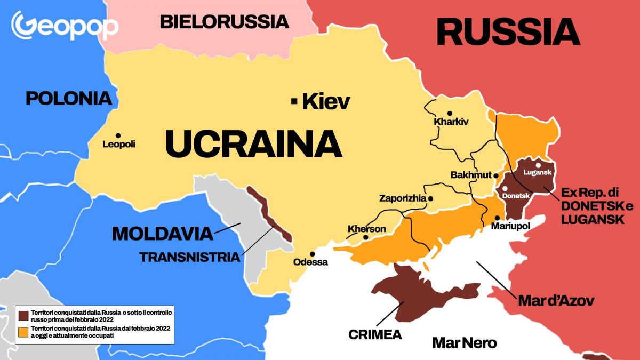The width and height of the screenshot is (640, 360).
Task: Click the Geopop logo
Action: point(65,25)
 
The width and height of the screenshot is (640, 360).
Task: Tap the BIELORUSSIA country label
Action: point(224,22)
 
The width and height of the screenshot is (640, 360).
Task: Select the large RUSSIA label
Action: point(508,32)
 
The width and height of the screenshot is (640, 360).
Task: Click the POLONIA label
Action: point(69,98)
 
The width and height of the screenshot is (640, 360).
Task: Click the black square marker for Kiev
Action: point(294,100)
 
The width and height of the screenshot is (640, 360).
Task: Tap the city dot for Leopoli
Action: point(117,135)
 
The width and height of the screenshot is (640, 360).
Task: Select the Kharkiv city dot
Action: point(450,113)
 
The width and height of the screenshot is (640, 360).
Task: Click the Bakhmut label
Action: point(470,175)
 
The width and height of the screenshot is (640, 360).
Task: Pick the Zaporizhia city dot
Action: point(430,198)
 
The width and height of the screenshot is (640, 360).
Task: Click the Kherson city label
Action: point(366,229)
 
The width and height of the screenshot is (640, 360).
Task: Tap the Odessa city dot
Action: point(313,254)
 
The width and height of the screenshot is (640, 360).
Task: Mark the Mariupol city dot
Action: point(497,218)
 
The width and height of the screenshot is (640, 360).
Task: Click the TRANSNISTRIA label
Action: point(189,257)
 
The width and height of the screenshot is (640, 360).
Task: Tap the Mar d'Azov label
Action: point(556,301)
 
